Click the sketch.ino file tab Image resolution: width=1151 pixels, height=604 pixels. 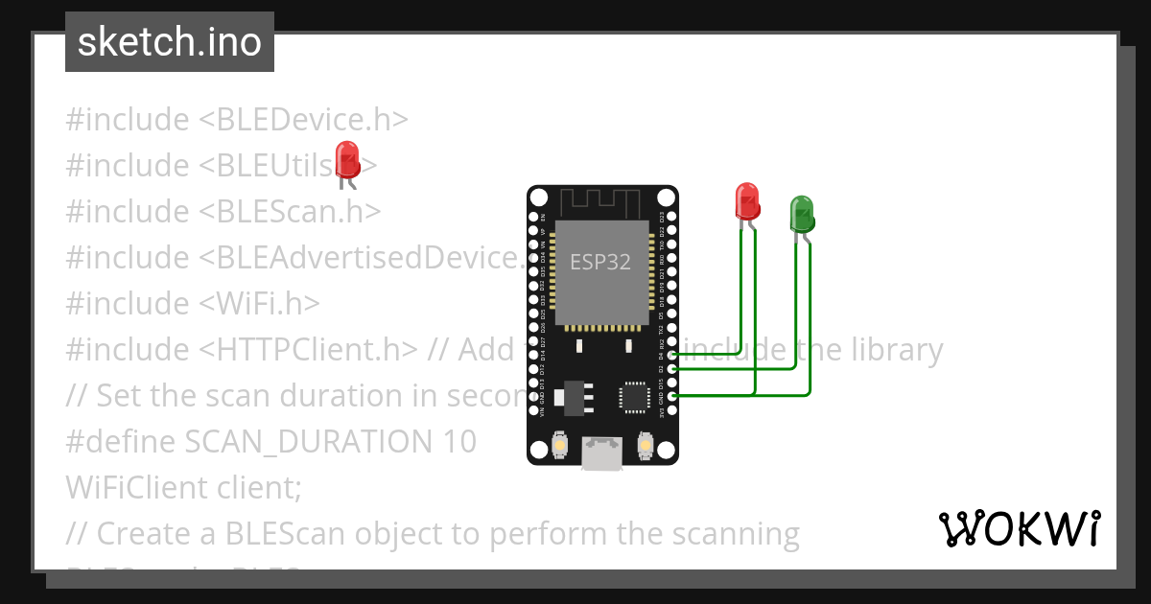tap(170, 42)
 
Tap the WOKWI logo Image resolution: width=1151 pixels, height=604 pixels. tap(1019, 528)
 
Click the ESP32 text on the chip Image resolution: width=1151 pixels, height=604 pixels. tap(600, 261)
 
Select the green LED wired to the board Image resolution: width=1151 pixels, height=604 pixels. tap(801, 213)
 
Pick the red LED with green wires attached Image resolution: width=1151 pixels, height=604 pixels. tap(747, 199)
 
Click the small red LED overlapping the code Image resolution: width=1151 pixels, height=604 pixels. tap(346, 158)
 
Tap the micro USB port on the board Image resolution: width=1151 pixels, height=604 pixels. tap(601, 453)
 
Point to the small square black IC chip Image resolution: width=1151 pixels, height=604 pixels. tap(634, 396)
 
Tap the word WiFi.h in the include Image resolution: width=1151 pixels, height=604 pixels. tap(259, 303)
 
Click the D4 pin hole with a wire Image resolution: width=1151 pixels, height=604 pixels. tap(671, 355)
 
